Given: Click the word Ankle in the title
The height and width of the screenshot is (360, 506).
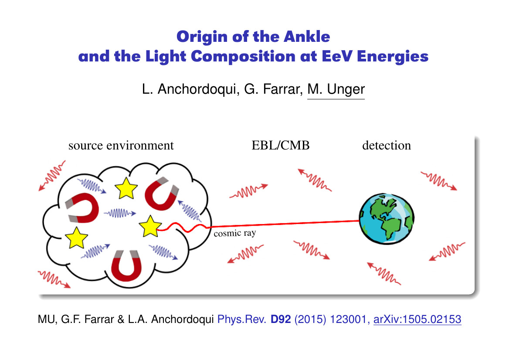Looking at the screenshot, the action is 307,37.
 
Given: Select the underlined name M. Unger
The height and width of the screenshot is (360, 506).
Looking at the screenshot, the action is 336,89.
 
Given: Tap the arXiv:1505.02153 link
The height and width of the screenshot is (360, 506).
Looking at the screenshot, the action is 417,319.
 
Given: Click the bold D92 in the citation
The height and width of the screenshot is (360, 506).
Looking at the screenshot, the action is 281,319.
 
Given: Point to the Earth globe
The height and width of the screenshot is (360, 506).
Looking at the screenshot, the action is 387,219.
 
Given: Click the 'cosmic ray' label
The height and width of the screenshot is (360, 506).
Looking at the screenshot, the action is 234,233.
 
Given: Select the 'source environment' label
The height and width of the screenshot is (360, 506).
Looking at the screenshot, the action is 121,146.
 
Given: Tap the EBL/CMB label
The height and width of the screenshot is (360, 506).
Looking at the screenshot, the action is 280,146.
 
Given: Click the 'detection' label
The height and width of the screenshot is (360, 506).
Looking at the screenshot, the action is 387,146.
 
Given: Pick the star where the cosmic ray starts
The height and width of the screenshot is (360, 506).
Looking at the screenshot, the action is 150,227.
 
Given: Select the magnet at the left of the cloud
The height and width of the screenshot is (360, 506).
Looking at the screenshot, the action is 83,208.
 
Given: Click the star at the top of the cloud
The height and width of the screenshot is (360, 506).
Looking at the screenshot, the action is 126,188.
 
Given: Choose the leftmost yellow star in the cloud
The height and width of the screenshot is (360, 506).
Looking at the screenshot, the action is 76,238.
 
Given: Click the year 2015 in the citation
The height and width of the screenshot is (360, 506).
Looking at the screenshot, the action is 310,319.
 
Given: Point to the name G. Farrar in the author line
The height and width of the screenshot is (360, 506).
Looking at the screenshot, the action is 273,89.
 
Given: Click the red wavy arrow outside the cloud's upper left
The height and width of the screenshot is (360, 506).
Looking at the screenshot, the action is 52,176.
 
